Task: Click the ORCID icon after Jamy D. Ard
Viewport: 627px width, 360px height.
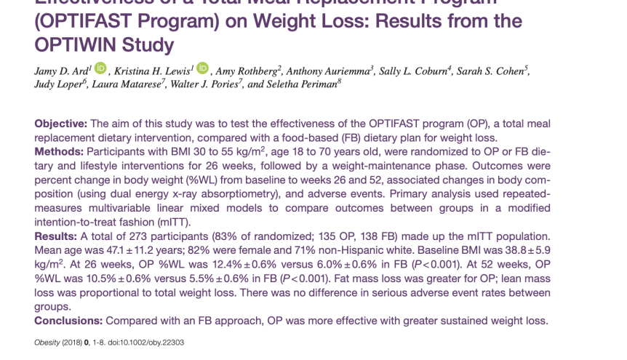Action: click(x=100, y=69)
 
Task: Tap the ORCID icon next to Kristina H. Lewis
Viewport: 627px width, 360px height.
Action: click(x=202, y=69)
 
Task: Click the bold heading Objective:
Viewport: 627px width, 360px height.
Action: click(x=61, y=124)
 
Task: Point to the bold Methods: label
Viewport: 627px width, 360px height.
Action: click(x=60, y=152)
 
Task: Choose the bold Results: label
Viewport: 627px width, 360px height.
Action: click(x=58, y=236)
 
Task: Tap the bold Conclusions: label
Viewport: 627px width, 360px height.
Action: click(x=69, y=320)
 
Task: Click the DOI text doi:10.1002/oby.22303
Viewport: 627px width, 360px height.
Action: click(x=145, y=343)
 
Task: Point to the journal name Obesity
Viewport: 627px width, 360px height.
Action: click(x=47, y=343)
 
